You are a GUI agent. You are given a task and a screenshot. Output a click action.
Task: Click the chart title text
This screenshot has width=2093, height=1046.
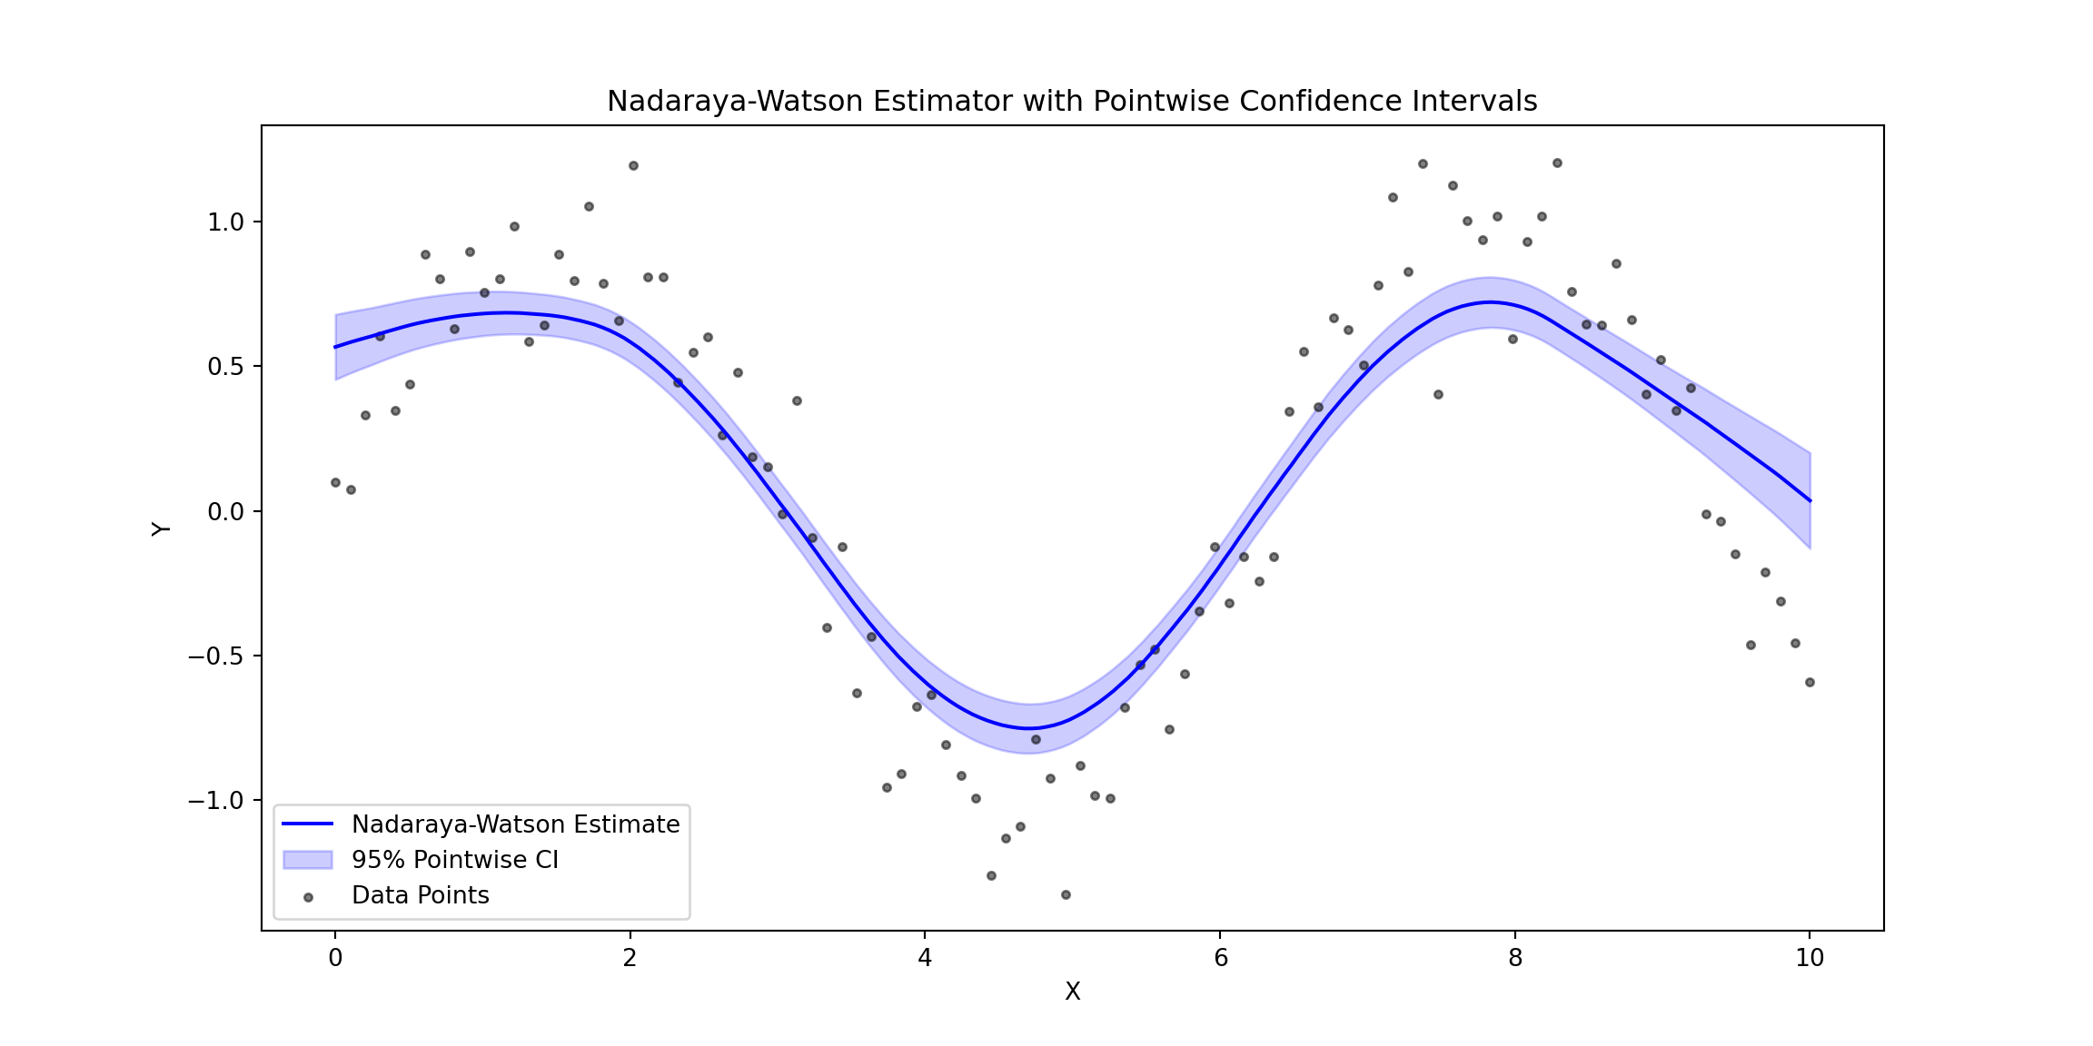(x=1072, y=101)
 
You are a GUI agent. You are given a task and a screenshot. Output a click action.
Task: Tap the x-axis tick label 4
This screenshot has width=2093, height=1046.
(x=925, y=958)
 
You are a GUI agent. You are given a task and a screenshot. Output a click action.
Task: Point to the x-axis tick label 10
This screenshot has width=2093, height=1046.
(x=1810, y=958)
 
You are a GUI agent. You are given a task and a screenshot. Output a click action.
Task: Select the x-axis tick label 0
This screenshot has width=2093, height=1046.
(x=335, y=958)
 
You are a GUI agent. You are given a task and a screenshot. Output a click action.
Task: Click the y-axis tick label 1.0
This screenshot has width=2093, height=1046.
(x=226, y=222)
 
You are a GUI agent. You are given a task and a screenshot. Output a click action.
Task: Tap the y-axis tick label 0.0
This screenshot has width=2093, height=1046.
(x=226, y=512)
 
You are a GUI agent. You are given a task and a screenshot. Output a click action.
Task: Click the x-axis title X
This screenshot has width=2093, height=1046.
(x=1072, y=992)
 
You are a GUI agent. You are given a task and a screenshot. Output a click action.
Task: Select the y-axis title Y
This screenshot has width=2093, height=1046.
(x=161, y=528)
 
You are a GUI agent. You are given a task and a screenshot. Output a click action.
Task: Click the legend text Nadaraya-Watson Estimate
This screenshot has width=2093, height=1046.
(x=515, y=824)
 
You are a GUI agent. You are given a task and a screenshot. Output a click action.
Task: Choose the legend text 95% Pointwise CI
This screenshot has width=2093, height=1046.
(x=454, y=860)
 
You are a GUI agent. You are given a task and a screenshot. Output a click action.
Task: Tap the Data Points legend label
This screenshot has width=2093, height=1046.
(x=420, y=895)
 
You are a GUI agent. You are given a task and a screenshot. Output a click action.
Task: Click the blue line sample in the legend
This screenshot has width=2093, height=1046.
(x=308, y=824)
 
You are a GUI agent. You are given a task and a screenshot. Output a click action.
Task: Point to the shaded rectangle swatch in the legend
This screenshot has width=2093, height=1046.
(x=308, y=860)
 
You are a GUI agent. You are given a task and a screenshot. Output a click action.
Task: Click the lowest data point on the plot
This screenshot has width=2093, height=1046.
(x=1066, y=894)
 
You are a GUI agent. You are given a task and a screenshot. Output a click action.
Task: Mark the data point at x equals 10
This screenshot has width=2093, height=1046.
(x=1810, y=682)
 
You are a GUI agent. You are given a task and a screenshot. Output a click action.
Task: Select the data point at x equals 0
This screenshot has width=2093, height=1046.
(x=335, y=482)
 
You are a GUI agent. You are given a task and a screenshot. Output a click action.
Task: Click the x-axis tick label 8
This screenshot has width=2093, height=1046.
(x=1515, y=958)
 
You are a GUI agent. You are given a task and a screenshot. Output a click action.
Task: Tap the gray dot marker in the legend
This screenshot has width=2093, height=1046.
(x=308, y=897)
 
